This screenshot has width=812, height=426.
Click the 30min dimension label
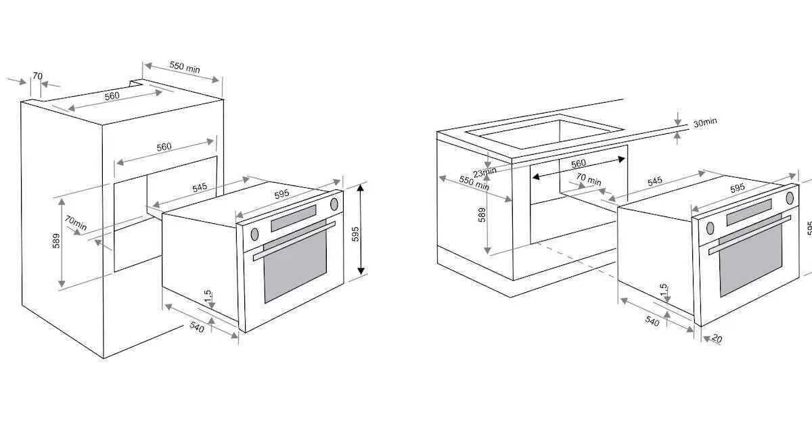pyautogui.click(x=704, y=122)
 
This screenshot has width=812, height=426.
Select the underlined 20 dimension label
pyautogui.click(x=717, y=339)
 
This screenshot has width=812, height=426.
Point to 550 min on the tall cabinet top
pyautogui.click(x=184, y=68)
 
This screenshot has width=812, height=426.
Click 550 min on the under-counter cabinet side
pyautogui.click(x=474, y=183)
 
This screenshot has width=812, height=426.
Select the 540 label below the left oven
pyautogui.click(x=196, y=329)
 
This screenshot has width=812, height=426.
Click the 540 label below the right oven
pyautogui.click(x=652, y=321)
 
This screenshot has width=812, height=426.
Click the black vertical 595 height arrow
pyautogui.click(x=361, y=230)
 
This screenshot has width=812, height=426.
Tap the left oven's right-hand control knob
pyautogui.click(x=334, y=204)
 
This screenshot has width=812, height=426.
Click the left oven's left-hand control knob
pyautogui.click(x=254, y=234)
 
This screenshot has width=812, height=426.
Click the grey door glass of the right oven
pyautogui.click(x=750, y=260)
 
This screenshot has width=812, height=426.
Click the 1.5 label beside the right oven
pyautogui.click(x=663, y=289)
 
